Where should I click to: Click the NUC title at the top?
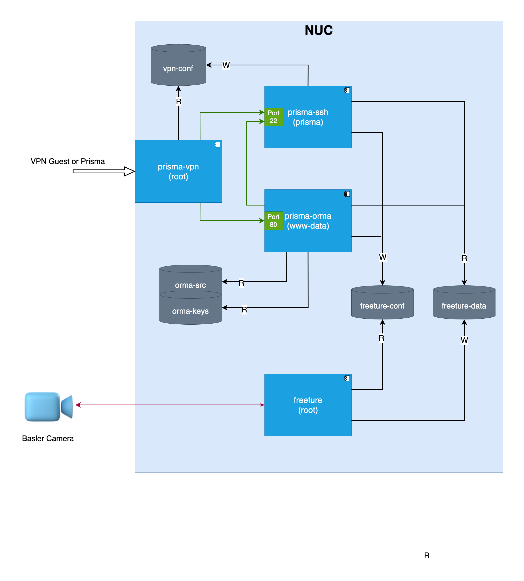tap(318, 30)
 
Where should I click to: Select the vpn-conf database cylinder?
tap(178, 65)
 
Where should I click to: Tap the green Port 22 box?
tap(273, 117)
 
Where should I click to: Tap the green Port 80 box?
tap(273, 221)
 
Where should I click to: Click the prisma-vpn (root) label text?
tap(178, 172)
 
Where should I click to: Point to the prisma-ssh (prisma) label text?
tap(308, 117)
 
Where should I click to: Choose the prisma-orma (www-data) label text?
tap(308, 221)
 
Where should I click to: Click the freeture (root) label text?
tap(308, 405)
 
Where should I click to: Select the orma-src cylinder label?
tap(190, 285)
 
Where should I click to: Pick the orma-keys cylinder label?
tap(190, 311)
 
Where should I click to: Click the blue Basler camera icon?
tap(48, 406)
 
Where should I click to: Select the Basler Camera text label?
tap(48, 438)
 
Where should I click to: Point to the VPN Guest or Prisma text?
tap(68, 161)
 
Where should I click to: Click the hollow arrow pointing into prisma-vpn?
tap(104, 171)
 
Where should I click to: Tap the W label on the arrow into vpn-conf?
tap(226, 65)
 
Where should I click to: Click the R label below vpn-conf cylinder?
tap(178, 101)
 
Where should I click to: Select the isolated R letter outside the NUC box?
tap(427, 555)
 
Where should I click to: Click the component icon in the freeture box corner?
tap(347, 378)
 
